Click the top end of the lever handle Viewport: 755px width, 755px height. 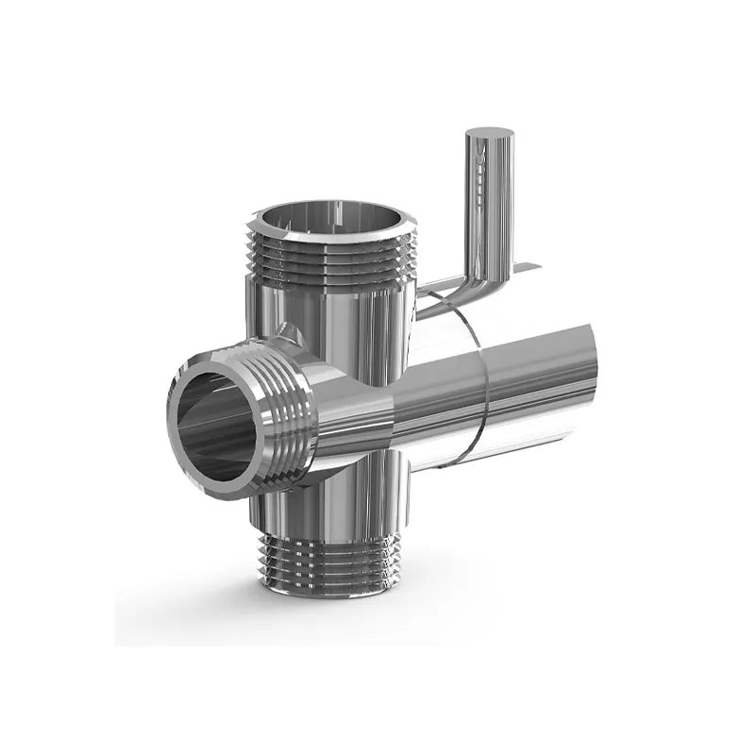pyautogui.click(x=491, y=135)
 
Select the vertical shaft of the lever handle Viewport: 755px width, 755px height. pyautogui.click(x=490, y=203)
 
